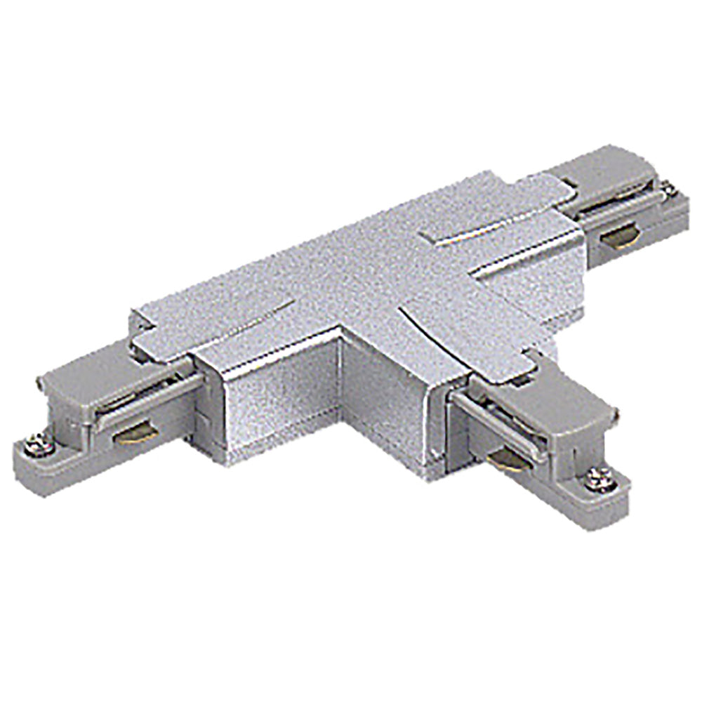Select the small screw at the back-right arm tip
[669, 190]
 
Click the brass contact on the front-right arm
[504, 460]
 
